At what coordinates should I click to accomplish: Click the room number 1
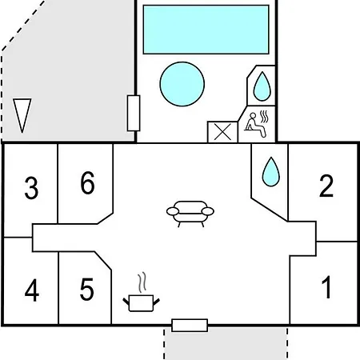pos(326,287)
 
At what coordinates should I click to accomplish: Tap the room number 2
pos(326,186)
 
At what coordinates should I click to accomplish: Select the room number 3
pos(31,188)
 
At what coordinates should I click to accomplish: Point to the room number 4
pos(32,290)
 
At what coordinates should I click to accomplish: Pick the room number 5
pos(86,289)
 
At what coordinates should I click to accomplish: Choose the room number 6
pos(87,182)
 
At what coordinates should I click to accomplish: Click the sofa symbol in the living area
pos(190,214)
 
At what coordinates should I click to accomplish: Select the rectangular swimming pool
pos(206,30)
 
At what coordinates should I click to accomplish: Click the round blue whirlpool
pos(182,84)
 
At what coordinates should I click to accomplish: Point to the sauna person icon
pos(255,125)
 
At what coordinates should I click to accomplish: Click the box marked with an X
pos(222,132)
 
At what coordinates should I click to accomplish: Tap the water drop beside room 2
pos(271,172)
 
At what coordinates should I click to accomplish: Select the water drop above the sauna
pos(262,86)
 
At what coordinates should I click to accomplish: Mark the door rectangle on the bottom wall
pos(190,326)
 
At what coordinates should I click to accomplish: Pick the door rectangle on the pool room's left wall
pos(134,114)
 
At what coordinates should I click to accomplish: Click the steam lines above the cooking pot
pos(142,282)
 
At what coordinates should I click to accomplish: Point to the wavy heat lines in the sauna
pos(264,117)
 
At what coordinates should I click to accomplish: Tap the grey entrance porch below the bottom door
pos(226,344)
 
